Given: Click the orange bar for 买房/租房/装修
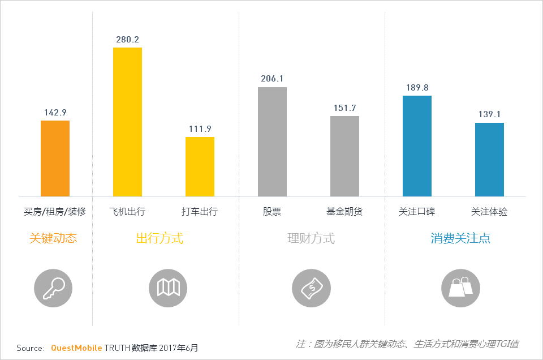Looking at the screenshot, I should pos(55,158).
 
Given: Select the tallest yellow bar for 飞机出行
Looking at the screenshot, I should pos(127,122).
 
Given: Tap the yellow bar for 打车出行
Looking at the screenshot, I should pos(200,166).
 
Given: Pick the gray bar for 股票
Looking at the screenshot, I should pos(272,142).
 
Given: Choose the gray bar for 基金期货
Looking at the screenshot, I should pos(344,156).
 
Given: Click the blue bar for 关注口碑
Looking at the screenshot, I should pos(417,146).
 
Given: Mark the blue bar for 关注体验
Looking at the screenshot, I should pos(489,160).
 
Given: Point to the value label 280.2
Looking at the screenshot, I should pos(127,40).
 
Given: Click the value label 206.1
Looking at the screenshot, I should pos(272,79).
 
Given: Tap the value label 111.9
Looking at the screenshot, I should pos(200,128).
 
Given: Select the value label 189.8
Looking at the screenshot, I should pos(417,88).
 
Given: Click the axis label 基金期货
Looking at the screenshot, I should pos(344,212).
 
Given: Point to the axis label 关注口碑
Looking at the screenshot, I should pos(417,212).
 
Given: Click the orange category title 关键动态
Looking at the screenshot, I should pos(53,238).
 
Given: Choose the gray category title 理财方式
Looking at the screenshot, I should pos(311,238).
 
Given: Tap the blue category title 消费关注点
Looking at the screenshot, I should pos(460,238).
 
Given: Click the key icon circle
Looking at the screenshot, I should pos(53,288).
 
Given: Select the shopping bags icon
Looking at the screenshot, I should pos(460,288).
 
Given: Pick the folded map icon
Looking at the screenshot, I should pos(168,288).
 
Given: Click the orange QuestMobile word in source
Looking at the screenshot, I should pos(76,348).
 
